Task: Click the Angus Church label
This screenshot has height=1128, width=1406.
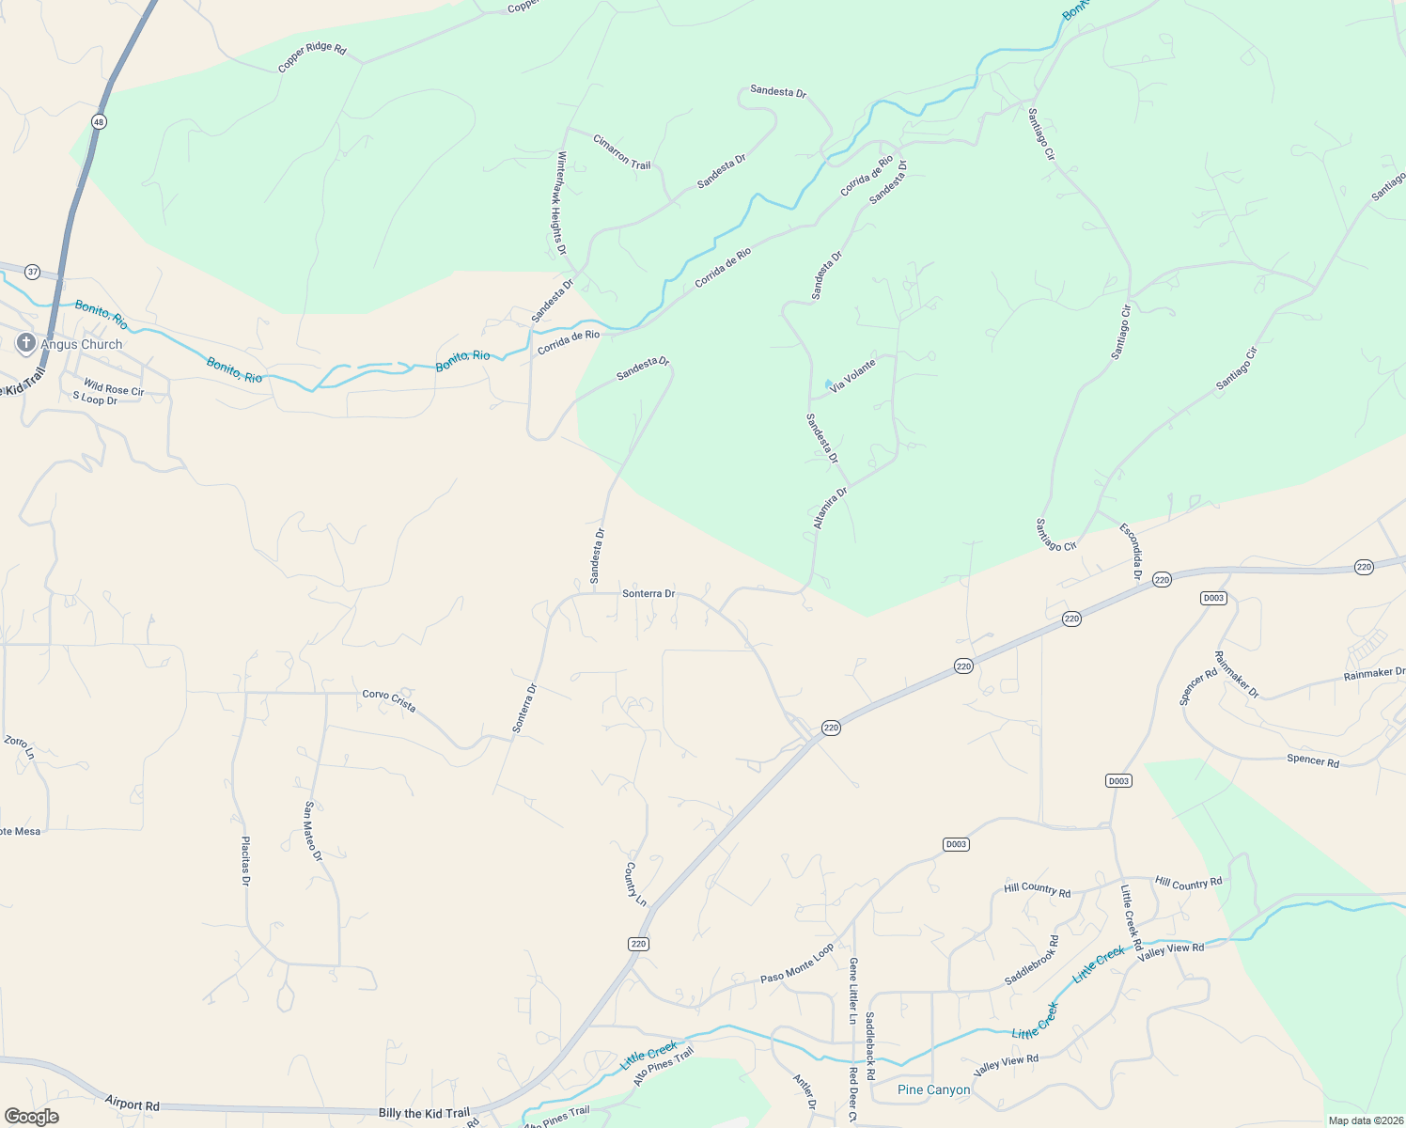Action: [82, 345]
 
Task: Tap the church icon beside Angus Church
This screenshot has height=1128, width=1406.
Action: [26, 343]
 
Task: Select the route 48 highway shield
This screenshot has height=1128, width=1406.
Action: [99, 121]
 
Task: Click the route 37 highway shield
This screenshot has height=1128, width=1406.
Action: [33, 272]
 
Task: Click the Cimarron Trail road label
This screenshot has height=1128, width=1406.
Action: [621, 151]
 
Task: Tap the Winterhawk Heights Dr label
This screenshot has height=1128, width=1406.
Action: [561, 203]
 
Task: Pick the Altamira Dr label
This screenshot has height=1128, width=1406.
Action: [830, 508]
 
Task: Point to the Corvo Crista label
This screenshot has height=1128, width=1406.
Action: [389, 700]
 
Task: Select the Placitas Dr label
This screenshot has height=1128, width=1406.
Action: [245, 861]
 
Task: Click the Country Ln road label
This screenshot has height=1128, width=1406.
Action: [636, 885]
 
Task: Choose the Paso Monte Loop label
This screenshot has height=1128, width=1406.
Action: [797, 964]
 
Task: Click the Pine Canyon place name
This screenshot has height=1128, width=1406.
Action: [933, 1090]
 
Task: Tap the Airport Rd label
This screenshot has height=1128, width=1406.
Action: [133, 1104]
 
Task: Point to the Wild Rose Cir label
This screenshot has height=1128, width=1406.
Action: [114, 387]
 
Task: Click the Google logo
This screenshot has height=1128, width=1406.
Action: [31, 1117]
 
